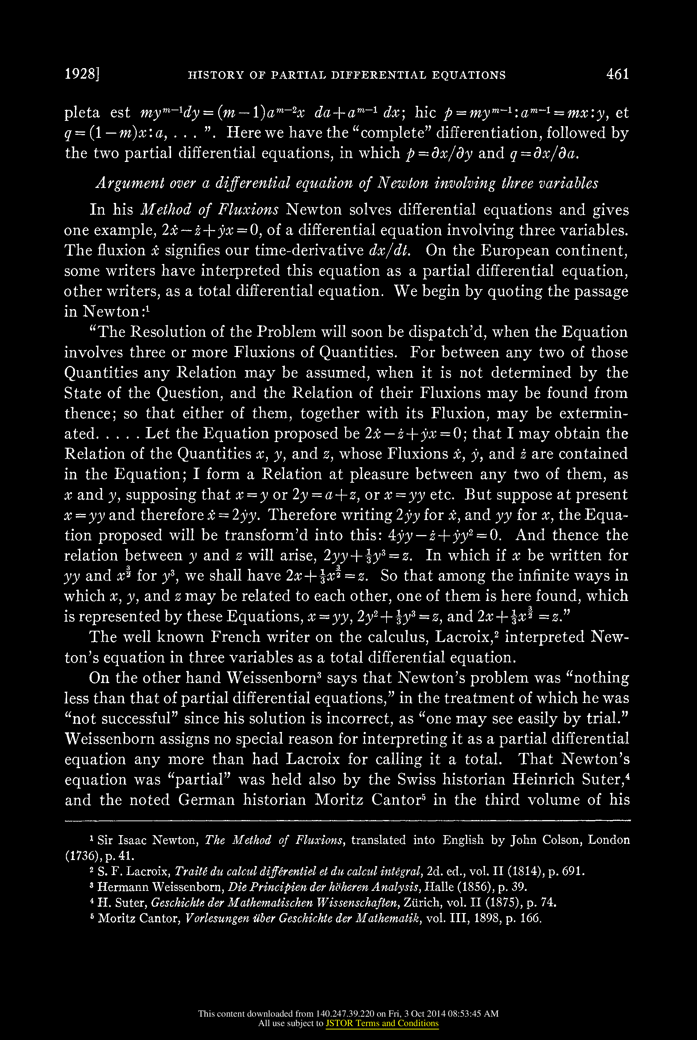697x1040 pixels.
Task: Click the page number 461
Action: point(618,74)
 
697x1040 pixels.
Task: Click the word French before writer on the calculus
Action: point(235,637)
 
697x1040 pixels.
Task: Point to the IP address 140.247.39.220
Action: point(345,1013)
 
